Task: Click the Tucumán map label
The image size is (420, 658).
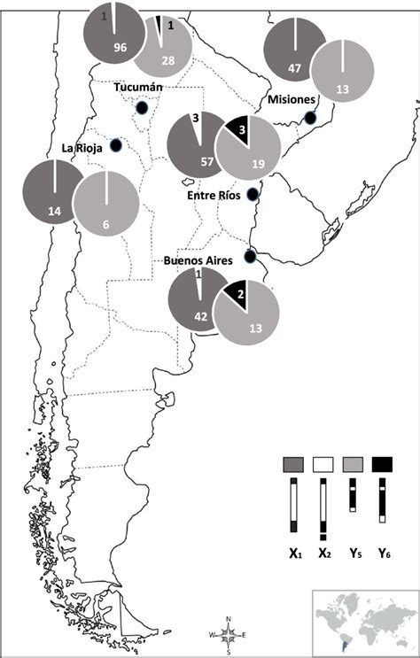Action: (x=138, y=88)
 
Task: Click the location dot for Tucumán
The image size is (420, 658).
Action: (x=140, y=108)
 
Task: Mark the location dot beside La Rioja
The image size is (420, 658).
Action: (x=115, y=145)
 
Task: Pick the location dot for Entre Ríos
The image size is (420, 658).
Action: (x=252, y=194)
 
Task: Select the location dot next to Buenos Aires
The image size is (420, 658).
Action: (x=250, y=257)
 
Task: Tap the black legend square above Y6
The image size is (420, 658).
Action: (x=382, y=464)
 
